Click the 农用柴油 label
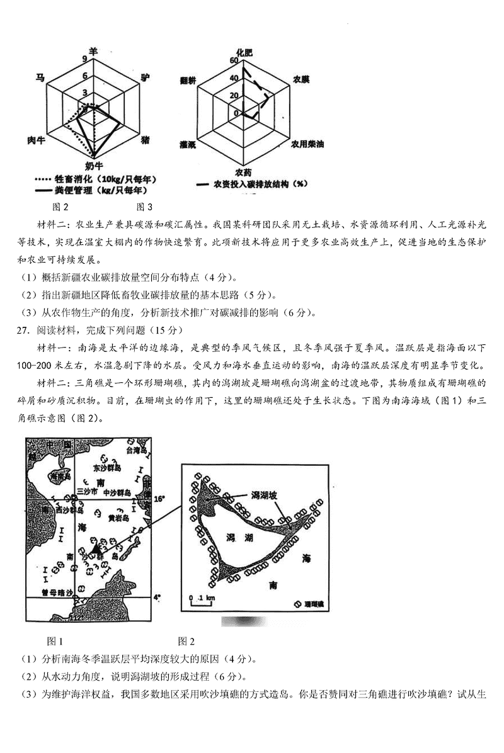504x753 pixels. pyautogui.click(x=307, y=144)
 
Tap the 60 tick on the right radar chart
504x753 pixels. pyautogui.click(x=236, y=62)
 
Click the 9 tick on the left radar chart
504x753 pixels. pyautogui.click(x=84, y=59)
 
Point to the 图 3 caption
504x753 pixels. pyautogui.click(x=145, y=207)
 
